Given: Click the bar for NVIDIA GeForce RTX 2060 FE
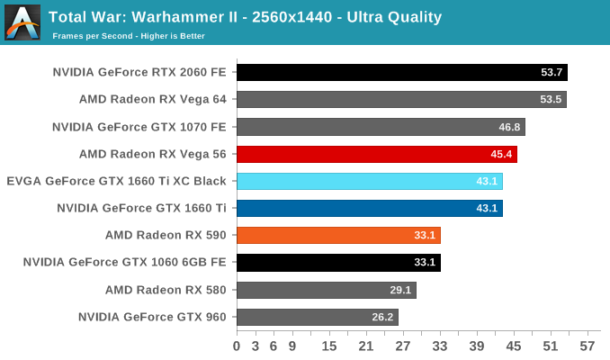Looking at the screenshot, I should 401,73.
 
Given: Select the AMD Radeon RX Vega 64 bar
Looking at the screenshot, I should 401,100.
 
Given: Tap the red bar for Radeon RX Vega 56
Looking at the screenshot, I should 376,154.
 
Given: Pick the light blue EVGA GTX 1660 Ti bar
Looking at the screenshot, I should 369,181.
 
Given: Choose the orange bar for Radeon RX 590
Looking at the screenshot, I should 338,236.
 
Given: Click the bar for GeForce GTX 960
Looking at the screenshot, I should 317,317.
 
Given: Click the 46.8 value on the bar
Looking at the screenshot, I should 508,127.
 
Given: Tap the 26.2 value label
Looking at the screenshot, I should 381,317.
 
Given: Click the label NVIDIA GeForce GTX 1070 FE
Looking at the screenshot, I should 139,127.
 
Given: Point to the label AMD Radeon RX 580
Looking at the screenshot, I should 166,290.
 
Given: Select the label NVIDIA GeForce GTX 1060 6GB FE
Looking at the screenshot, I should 124,263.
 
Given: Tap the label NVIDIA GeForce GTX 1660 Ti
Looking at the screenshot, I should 141,208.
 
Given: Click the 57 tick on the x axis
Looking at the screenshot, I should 589,346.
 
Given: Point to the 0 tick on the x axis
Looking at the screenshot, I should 237,346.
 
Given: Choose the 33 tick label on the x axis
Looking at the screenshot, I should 441,346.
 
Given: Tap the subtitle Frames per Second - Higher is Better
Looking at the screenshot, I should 129,36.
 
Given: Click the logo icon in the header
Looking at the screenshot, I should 22,22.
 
